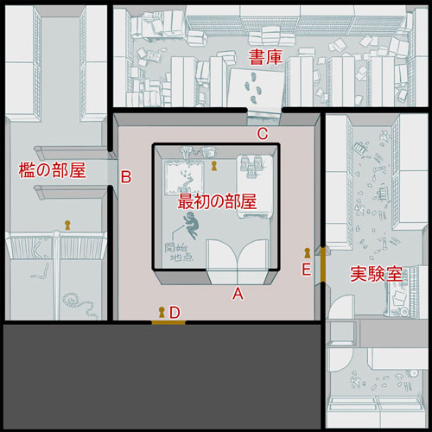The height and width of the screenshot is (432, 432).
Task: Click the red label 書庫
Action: tap(265, 57)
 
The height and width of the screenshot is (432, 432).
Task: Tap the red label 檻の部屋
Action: tap(52, 170)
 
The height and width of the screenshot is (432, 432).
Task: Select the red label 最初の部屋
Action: tap(217, 201)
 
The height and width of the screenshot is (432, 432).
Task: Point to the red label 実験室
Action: tap(376, 274)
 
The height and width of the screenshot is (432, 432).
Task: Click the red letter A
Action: tap(238, 294)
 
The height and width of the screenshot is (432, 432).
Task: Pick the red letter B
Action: tap(126, 177)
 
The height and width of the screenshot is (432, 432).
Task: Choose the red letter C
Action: tap(263, 134)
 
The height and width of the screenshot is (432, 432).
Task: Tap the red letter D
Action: tap(175, 312)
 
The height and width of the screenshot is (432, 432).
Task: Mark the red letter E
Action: tap(307, 270)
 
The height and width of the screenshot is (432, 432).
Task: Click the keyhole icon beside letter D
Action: tap(162, 312)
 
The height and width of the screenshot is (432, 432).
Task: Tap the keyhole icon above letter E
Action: tap(308, 253)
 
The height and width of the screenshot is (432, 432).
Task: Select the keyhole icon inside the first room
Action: tap(213, 166)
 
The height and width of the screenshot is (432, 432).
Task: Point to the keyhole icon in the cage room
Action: tap(67, 225)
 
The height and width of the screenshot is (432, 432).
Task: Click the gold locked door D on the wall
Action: tap(168, 322)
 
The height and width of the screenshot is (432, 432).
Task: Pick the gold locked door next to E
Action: tap(323, 265)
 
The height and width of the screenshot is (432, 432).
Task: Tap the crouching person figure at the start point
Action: tap(191, 226)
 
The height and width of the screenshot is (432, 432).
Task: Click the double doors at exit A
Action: tap(238, 262)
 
